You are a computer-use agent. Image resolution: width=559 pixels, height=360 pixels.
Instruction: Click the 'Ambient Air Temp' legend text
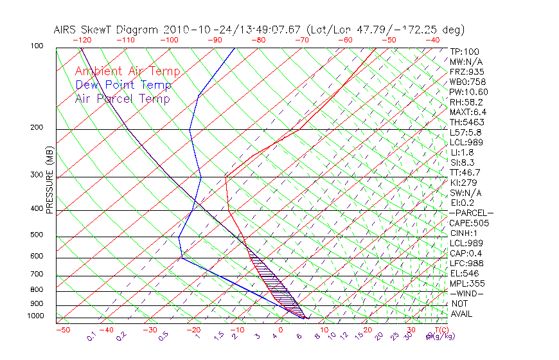(x=127, y=71)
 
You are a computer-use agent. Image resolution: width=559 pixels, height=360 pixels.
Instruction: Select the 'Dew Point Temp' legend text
(x=123, y=85)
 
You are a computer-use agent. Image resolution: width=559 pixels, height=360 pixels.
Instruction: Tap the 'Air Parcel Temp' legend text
(x=123, y=98)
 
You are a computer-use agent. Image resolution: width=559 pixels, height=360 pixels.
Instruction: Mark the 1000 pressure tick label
(x=36, y=316)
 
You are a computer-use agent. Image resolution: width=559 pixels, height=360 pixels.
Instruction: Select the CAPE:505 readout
(x=469, y=223)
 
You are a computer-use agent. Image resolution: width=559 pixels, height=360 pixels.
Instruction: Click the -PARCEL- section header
(x=471, y=213)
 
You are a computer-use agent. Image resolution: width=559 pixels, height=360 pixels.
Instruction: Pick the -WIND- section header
(x=467, y=293)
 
